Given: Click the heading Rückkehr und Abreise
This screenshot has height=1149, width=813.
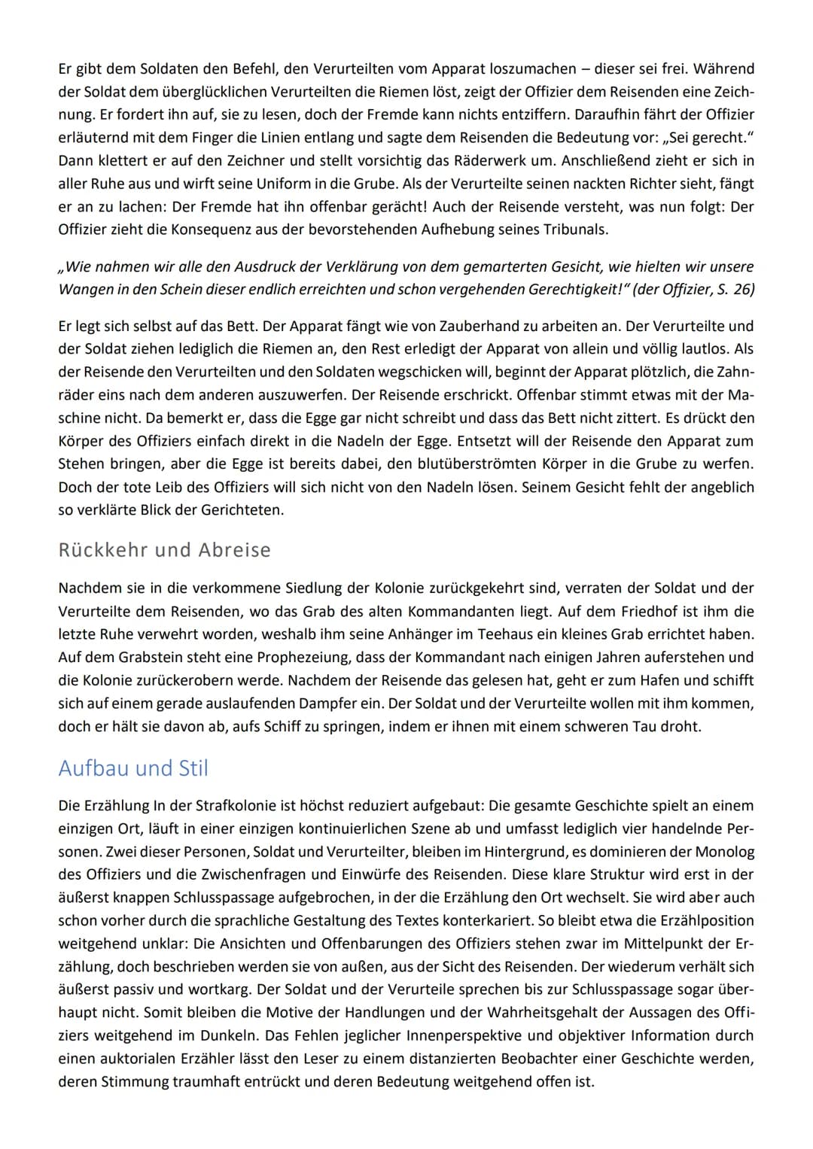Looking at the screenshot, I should (x=164, y=550).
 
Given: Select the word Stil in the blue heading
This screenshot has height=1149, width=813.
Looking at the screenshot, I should (x=193, y=768).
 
